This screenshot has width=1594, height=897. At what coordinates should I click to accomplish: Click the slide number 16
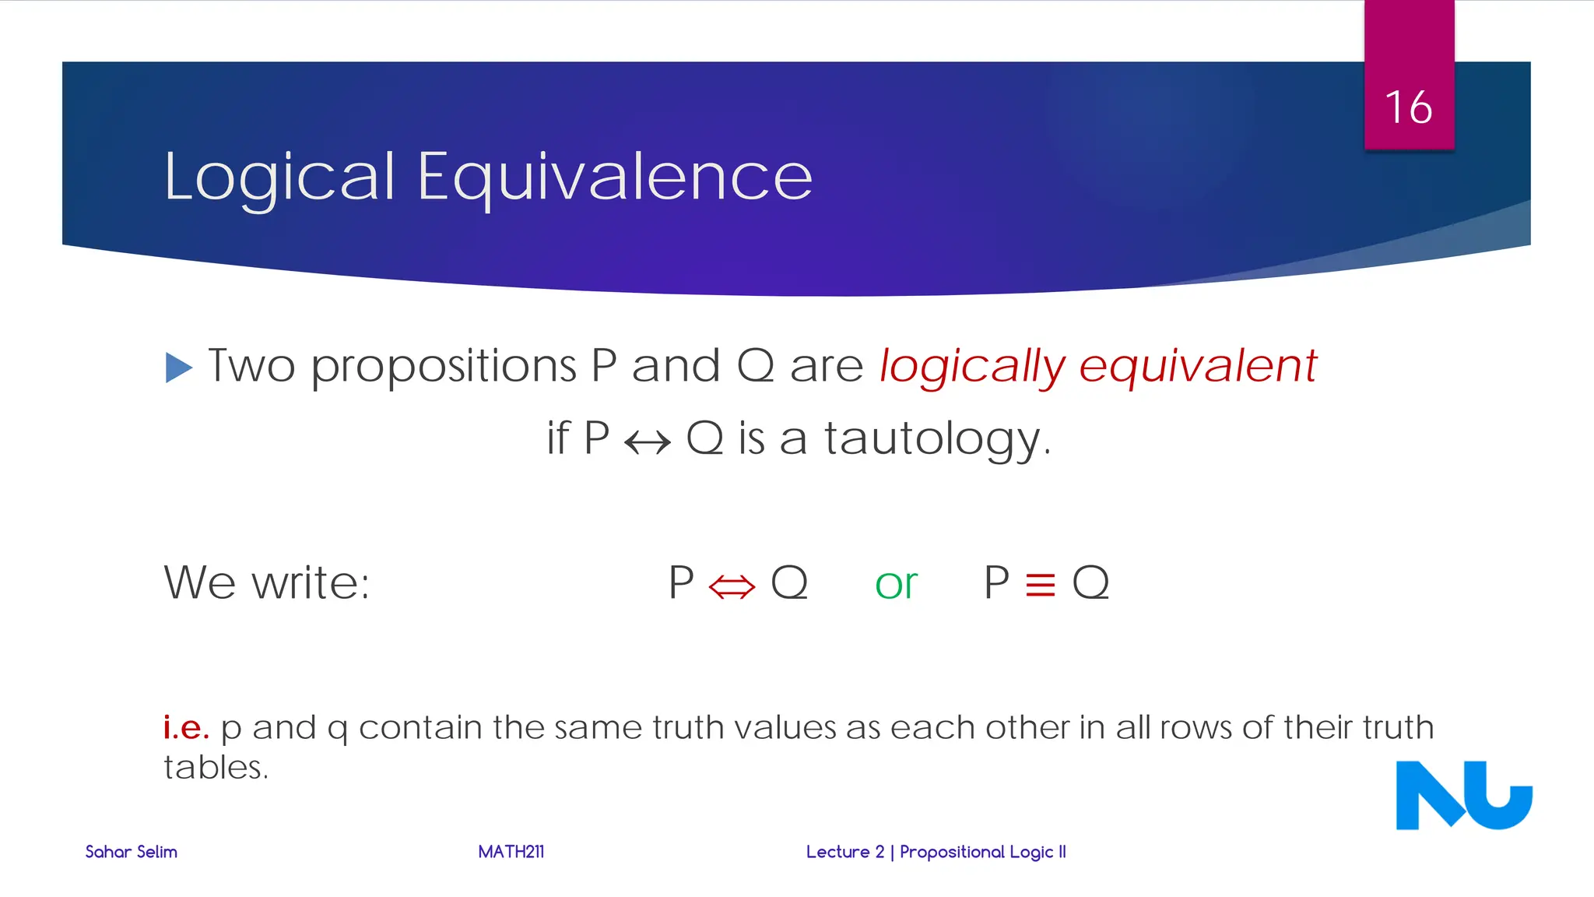click(x=1408, y=107)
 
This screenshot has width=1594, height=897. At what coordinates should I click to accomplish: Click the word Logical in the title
click(x=279, y=178)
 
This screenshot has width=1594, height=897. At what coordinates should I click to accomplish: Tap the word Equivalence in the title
click(x=615, y=178)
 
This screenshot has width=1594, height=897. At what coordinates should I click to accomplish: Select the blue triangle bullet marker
click(x=178, y=368)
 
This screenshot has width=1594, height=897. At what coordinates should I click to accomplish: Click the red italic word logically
click(x=972, y=366)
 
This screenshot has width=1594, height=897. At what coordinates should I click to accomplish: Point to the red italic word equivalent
click(x=1198, y=366)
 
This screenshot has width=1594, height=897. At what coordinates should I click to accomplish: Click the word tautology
click(x=937, y=438)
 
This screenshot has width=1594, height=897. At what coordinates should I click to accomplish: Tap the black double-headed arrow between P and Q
click(x=648, y=443)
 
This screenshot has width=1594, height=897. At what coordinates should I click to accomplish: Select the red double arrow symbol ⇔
click(x=732, y=586)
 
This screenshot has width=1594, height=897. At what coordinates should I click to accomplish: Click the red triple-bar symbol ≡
click(x=1041, y=585)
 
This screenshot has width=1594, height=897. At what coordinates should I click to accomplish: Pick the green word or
click(x=896, y=584)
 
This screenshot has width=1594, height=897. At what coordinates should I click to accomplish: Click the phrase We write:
click(x=267, y=582)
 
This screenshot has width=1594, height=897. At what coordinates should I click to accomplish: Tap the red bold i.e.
click(x=186, y=727)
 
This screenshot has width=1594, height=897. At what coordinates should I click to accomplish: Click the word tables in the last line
click(x=215, y=768)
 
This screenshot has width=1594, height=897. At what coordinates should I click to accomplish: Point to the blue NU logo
click(x=1463, y=795)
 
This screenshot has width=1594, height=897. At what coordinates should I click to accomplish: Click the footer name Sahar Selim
click(x=131, y=852)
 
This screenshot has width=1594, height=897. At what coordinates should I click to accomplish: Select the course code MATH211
click(x=511, y=852)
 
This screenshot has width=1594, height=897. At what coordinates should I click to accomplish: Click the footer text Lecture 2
click(x=845, y=852)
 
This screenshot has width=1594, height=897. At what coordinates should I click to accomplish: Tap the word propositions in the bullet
click(x=444, y=366)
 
